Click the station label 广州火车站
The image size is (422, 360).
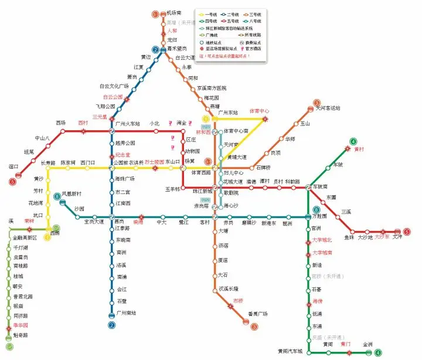pos(128,124)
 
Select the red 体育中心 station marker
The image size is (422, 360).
pos(265,119)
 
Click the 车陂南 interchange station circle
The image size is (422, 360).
pos(308,188)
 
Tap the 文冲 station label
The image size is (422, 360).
pos(397,237)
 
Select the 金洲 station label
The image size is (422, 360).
pos(367,344)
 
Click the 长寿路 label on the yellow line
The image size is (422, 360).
pos(48,162)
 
